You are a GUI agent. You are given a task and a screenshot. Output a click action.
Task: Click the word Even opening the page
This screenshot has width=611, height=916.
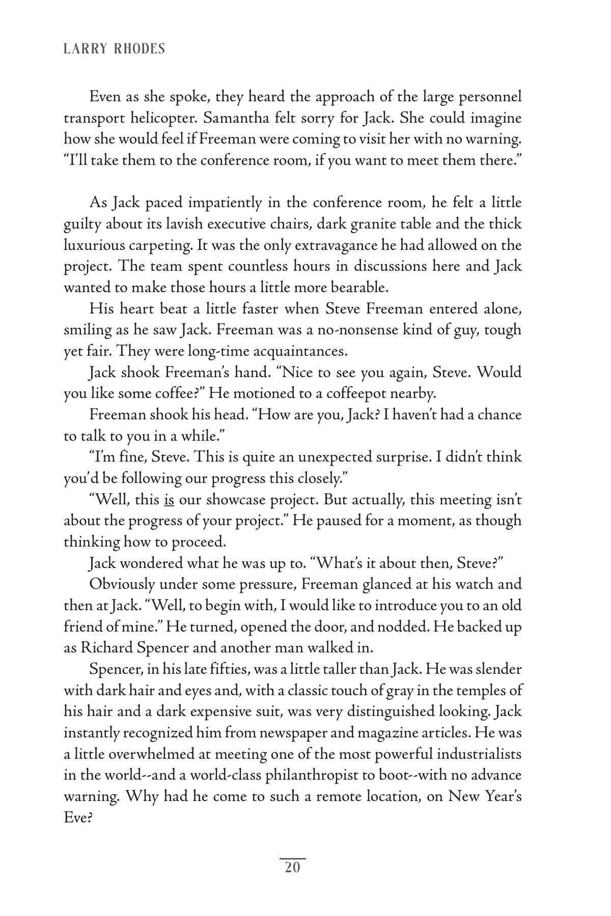105,97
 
